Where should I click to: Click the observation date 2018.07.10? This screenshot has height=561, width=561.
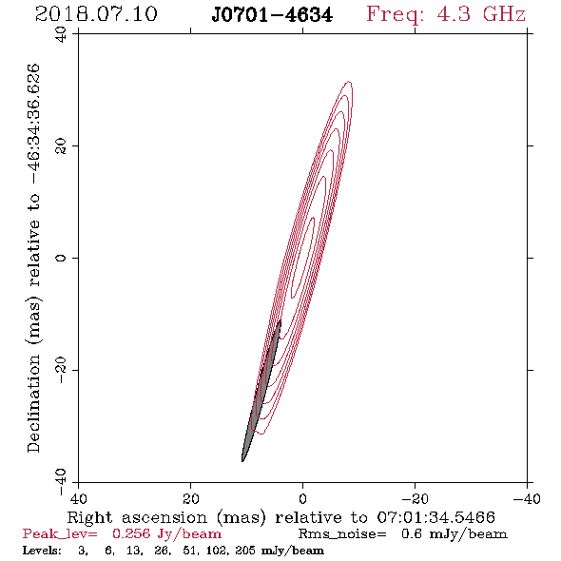96,14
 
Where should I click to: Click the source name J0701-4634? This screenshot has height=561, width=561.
272,15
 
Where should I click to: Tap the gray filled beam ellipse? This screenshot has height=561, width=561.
261,391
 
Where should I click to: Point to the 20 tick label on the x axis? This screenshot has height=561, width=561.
191,498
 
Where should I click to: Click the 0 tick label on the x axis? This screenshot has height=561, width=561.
303,498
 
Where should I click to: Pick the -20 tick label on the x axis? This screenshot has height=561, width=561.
415,498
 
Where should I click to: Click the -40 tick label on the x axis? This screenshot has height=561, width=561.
527,498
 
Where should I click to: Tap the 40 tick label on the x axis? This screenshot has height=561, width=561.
79,498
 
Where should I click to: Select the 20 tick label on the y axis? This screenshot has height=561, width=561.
62,145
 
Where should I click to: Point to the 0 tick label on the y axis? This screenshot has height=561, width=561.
62,258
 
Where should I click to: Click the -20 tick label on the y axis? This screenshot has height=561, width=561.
62,370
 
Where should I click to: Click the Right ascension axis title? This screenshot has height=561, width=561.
280,517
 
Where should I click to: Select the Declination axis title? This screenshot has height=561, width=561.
33,258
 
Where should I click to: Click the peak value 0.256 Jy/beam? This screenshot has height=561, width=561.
167,533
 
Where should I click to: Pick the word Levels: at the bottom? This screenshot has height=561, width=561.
42,550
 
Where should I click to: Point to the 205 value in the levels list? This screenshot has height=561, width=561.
245,550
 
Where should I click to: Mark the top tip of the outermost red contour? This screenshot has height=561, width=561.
349,82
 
